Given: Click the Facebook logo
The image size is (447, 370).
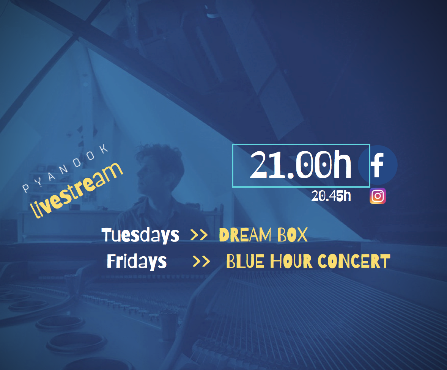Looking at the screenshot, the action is pyautogui.click(x=378, y=165).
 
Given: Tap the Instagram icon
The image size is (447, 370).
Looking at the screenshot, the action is pyautogui.click(x=378, y=196).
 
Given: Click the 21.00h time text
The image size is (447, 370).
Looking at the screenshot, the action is pyautogui.click(x=301, y=165).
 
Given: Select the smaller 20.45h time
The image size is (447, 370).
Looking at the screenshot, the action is pyautogui.click(x=331, y=196).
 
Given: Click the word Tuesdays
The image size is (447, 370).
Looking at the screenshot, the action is pyautogui.click(x=140, y=235).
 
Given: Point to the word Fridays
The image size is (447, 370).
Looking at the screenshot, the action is pyautogui.click(x=137, y=262).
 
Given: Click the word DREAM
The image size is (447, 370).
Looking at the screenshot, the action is pyautogui.click(x=245, y=235).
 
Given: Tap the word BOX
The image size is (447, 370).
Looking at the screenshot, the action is pyautogui.click(x=293, y=235).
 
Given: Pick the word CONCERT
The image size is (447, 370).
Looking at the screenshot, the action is pyautogui.click(x=354, y=262).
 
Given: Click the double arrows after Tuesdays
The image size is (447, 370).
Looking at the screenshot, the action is pyautogui.click(x=199, y=235).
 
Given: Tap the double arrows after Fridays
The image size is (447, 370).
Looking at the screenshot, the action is pyautogui.click(x=201, y=262).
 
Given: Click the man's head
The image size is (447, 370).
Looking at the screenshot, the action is pyautogui.click(x=158, y=171).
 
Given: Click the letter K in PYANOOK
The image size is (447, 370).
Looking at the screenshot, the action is pyautogui.click(x=104, y=149).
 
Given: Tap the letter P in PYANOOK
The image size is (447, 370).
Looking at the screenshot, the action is pyautogui.click(x=26, y=188).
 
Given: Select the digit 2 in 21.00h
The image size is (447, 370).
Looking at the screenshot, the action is pyautogui.click(x=259, y=165).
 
